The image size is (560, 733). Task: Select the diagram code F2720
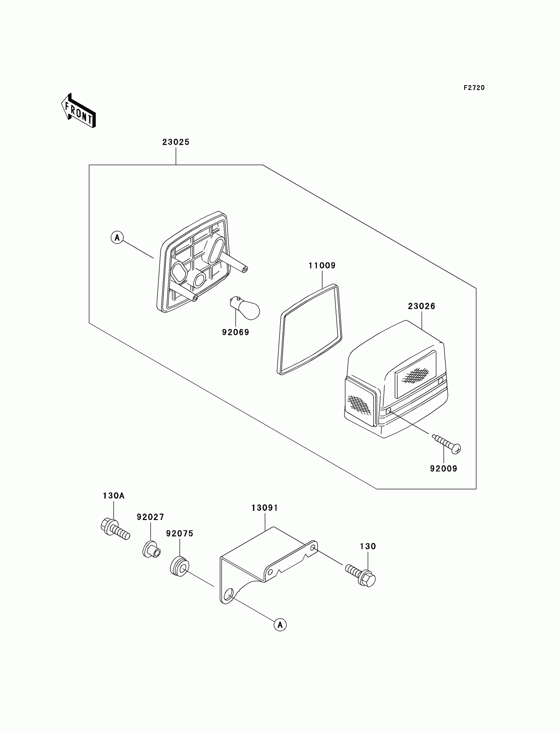[474, 88]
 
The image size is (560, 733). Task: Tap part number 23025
[176, 142]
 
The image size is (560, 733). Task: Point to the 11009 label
[322, 265]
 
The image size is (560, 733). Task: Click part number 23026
[421, 306]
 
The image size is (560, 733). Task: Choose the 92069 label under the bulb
[236, 332]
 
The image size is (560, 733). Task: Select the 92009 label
[444, 469]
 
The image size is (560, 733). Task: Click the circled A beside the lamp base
[117, 237]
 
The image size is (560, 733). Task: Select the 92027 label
[150, 517]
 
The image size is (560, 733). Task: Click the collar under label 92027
[152, 549]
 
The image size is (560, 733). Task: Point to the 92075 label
[180, 534]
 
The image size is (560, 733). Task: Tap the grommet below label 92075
[180, 566]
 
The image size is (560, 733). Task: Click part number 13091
[265, 508]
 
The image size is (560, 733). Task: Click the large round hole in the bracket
[229, 595]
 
